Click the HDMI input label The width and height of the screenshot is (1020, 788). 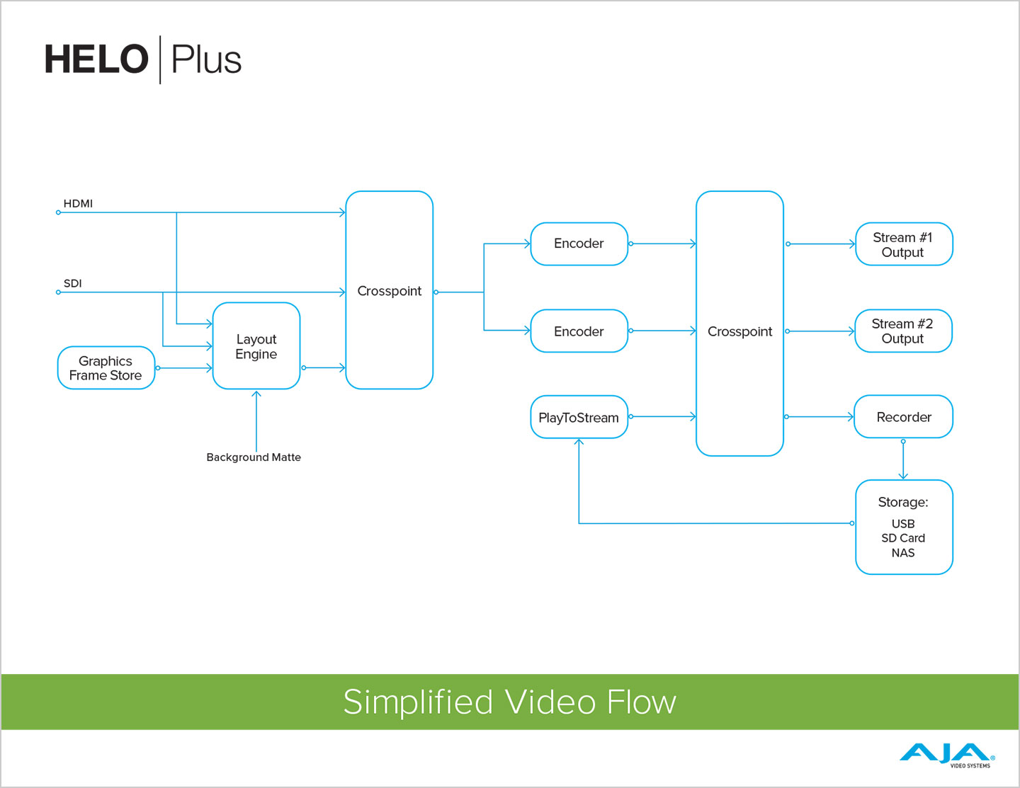tap(78, 204)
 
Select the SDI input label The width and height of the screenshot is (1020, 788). tap(73, 283)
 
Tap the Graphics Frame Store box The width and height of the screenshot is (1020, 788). tap(106, 368)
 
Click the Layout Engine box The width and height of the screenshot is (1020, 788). tap(256, 346)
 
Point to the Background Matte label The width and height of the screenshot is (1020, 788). tap(254, 457)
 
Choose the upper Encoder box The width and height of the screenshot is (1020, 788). tap(579, 244)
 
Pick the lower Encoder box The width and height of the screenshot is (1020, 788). tap(579, 331)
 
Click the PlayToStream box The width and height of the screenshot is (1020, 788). tap(579, 418)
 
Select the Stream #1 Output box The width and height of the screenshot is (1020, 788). tap(903, 245)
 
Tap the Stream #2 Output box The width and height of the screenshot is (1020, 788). tap(903, 331)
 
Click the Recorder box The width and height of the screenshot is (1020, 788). tap(903, 417)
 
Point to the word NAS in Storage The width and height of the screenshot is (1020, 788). tap(903, 553)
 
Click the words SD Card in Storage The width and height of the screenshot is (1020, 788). tap(903, 538)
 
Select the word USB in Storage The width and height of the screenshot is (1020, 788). tap(903, 524)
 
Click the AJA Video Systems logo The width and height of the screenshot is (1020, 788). tap(946, 754)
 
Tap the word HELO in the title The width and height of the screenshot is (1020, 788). tap(96, 59)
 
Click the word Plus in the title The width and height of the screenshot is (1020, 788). tap(206, 59)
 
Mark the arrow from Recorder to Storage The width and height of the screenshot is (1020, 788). tap(903, 460)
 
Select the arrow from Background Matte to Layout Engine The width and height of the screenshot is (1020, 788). tap(256, 421)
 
